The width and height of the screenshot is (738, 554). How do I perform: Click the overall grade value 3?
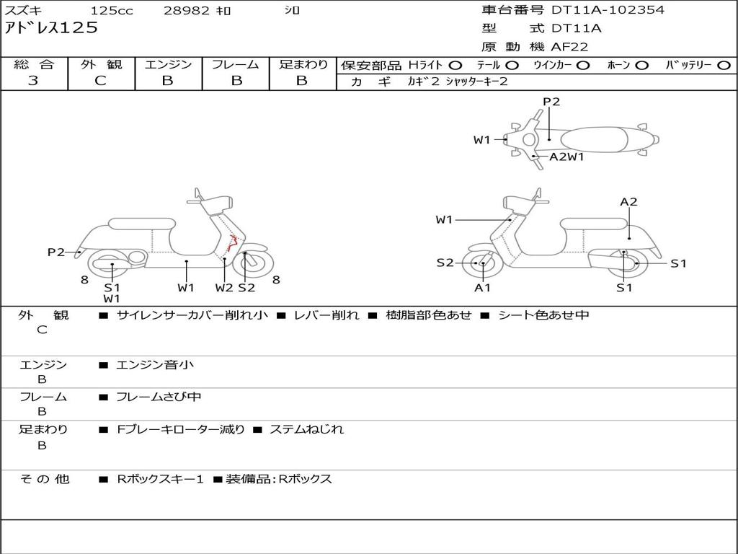33,81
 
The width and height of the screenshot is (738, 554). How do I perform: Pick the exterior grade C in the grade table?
100,81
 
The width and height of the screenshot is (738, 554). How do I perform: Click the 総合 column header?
33,65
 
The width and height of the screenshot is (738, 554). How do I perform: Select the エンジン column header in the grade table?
168,65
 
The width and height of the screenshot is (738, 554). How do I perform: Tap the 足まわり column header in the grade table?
303,65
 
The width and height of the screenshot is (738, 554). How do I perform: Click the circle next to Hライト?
455,66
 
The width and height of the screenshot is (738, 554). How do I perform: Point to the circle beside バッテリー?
724,66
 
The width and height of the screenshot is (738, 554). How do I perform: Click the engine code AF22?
569,47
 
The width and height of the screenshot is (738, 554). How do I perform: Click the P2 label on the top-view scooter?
551,102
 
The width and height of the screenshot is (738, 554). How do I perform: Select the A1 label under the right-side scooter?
482,288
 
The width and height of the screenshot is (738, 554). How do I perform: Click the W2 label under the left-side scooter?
224,288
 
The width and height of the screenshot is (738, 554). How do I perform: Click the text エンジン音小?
155,365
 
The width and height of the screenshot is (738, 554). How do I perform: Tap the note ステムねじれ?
306,429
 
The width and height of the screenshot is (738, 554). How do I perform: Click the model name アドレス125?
51,28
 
